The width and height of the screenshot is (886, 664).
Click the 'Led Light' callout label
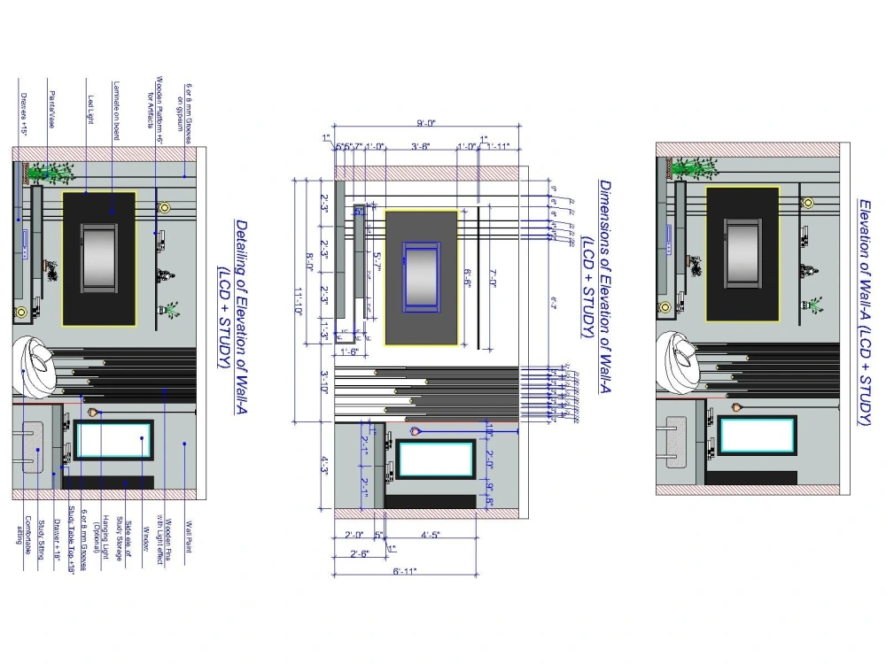click(x=89, y=111)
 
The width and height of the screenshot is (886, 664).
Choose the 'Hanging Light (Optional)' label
click(x=107, y=541)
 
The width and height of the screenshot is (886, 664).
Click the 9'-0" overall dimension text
click(x=426, y=124)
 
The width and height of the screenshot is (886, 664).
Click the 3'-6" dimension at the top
click(x=421, y=146)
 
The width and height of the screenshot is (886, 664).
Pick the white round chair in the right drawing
click(x=679, y=362)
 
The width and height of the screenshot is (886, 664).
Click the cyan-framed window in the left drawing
click(x=113, y=440)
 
